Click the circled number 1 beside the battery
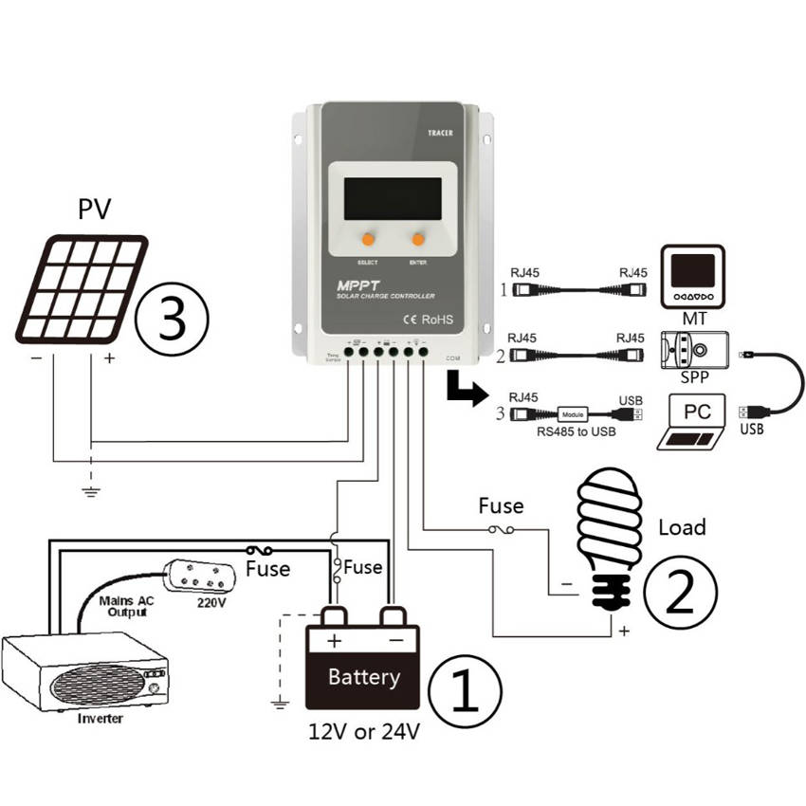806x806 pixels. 466,689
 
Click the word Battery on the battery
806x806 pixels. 364,677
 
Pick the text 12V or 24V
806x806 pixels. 364,732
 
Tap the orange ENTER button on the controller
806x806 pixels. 418,237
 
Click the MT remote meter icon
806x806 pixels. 693,276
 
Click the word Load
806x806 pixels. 682,526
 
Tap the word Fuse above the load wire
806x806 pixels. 501,505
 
